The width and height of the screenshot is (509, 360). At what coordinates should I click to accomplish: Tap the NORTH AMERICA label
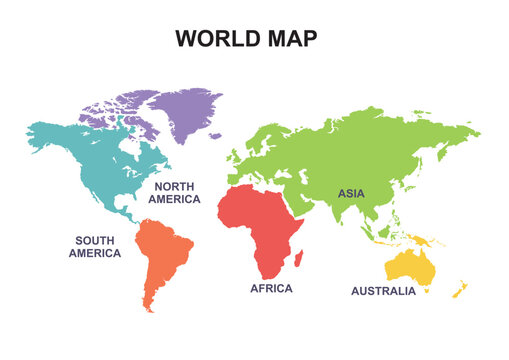point(174,192)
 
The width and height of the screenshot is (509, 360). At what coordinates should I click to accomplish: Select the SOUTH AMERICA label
point(95,246)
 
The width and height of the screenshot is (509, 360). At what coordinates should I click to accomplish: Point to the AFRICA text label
point(271,288)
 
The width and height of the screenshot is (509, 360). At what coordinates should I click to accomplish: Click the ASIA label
point(351,193)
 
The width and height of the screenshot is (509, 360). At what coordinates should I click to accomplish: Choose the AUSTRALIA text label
point(383,291)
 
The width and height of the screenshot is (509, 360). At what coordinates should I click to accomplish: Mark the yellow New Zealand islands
point(459,289)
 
